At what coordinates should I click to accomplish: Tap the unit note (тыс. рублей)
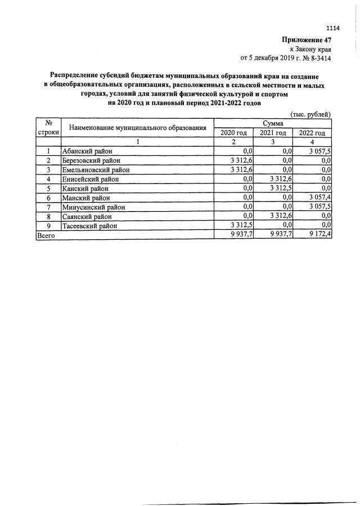pyautogui.click(x=310, y=114)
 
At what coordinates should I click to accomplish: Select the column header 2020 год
pyautogui.click(x=233, y=133)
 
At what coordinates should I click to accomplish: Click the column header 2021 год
pyautogui.click(x=273, y=133)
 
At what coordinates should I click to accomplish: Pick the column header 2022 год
pyautogui.click(x=312, y=133)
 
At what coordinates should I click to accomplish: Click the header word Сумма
pyautogui.click(x=273, y=123)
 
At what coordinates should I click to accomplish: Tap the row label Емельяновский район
pyautogui.click(x=96, y=169)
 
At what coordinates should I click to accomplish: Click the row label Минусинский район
pyautogui.click(x=93, y=207)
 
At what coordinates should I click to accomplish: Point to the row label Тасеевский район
pyautogui.click(x=91, y=226)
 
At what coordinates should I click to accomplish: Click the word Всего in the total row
pyautogui.click(x=46, y=236)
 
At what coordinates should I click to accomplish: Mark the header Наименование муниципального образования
pyautogui.click(x=137, y=128)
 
